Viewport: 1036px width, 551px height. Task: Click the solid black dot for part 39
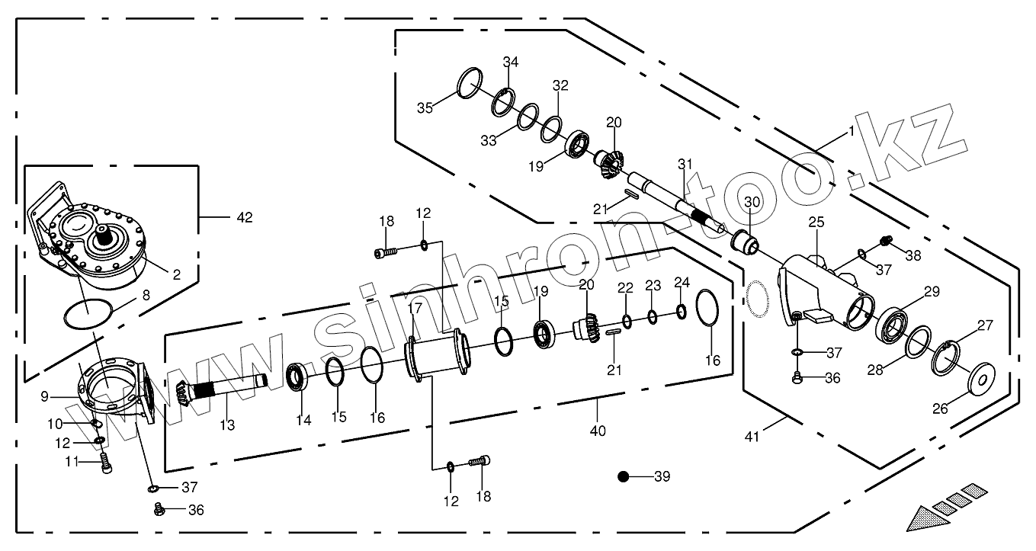click(x=623, y=477)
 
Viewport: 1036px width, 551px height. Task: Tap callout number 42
click(x=244, y=217)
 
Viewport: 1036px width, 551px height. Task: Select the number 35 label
click(x=425, y=107)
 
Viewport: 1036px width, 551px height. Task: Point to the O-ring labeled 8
click(x=87, y=315)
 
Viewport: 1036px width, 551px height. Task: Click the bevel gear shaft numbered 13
click(x=221, y=391)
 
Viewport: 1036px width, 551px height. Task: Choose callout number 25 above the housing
click(x=816, y=223)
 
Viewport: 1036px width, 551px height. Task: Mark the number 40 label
click(x=598, y=431)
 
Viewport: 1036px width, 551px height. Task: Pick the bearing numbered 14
click(x=297, y=377)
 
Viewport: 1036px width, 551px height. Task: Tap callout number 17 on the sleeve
click(x=414, y=309)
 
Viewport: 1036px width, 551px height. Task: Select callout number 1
click(x=851, y=131)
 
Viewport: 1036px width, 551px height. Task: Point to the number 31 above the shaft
click(x=685, y=164)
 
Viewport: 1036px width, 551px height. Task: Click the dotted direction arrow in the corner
click(x=945, y=506)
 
